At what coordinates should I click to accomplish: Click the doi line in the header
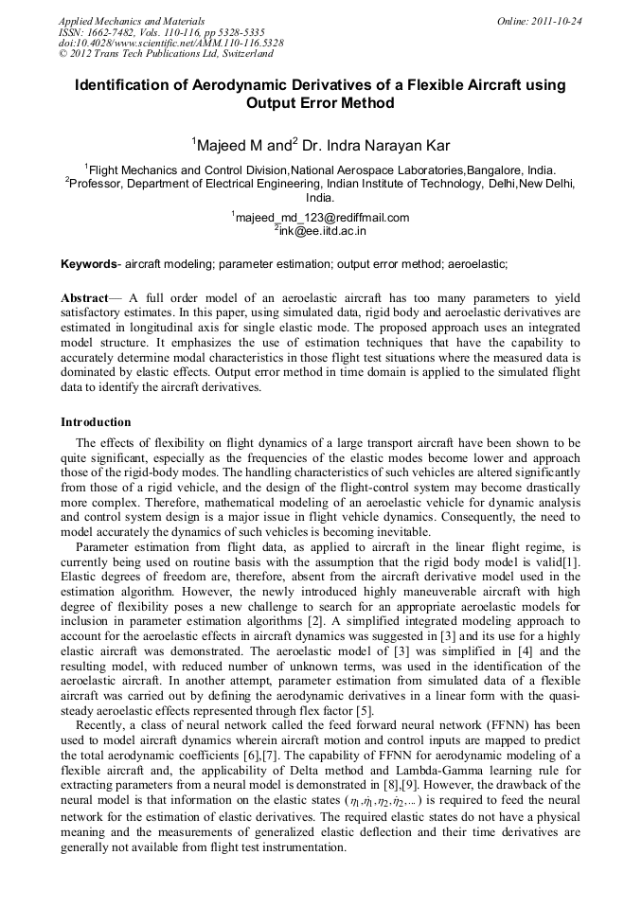point(170,43)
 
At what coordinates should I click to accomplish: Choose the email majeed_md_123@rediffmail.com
point(322,217)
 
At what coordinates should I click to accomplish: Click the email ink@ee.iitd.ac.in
point(322,229)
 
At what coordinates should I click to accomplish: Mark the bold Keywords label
point(90,262)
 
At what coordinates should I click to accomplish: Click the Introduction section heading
point(96,421)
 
